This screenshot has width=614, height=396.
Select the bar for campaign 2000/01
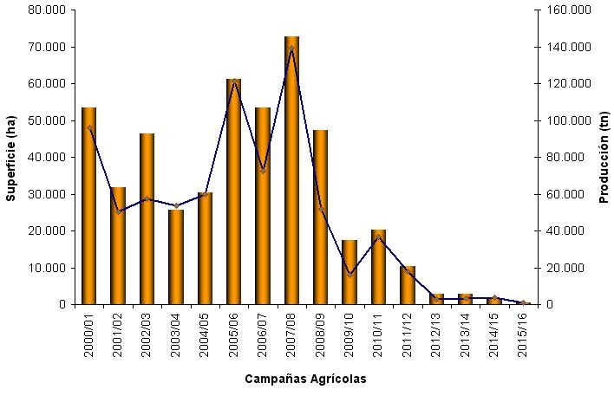[x=88, y=208]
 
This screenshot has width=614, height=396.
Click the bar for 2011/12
[x=408, y=285]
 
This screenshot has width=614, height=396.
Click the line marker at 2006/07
[x=263, y=171]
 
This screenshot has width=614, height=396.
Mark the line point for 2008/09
[x=321, y=210]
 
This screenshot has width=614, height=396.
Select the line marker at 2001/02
[x=118, y=211]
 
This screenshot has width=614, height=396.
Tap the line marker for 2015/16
[x=524, y=303]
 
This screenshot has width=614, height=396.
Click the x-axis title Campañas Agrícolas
[x=304, y=379]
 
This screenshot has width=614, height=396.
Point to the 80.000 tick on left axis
[x=49, y=10]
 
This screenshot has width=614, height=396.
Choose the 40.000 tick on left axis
[x=49, y=158]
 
